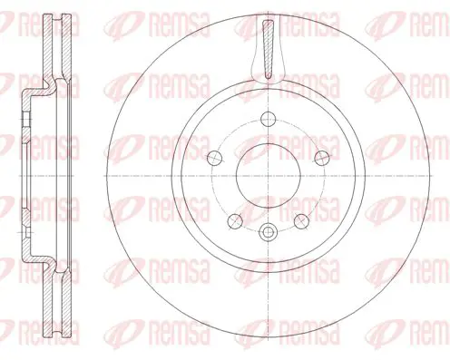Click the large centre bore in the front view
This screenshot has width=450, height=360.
269,176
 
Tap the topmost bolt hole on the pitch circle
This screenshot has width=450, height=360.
269,119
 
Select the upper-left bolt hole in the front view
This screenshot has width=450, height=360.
215,158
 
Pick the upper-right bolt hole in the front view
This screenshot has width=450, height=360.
322,158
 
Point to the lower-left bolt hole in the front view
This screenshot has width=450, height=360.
235,221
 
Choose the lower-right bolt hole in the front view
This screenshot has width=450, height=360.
301,221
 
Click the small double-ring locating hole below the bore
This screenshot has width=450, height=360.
269,232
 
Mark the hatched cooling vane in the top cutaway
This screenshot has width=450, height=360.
269,49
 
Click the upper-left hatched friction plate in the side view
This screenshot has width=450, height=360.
47,48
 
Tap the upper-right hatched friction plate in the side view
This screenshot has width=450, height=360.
66,47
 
